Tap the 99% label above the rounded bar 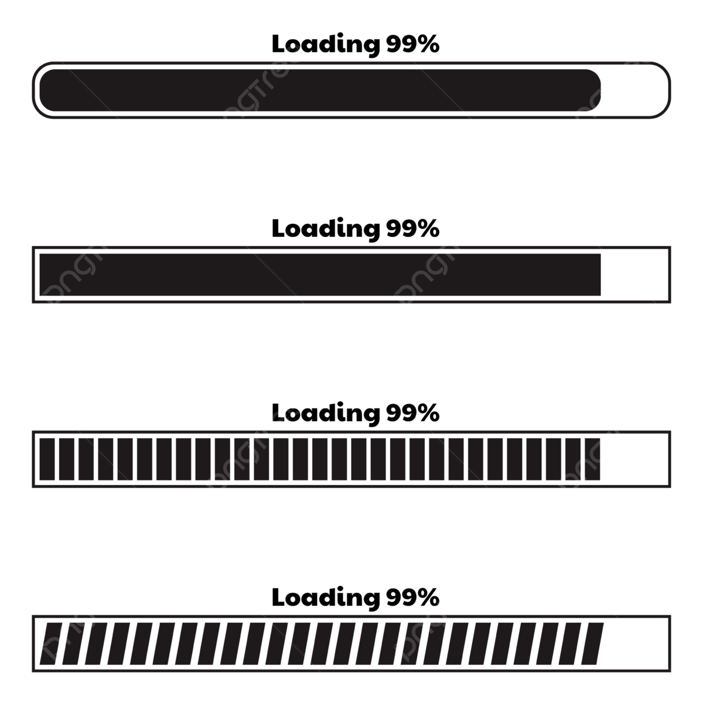click(x=412, y=45)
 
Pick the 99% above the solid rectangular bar click(x=412, y=229)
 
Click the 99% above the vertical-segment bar click(x=412, y=414)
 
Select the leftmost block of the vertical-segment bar click(x=47, y=459)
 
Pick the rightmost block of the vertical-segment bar click(x=592, y=459)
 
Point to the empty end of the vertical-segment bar click(x=635, y=459)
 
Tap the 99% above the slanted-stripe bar click(x=412, y=598)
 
